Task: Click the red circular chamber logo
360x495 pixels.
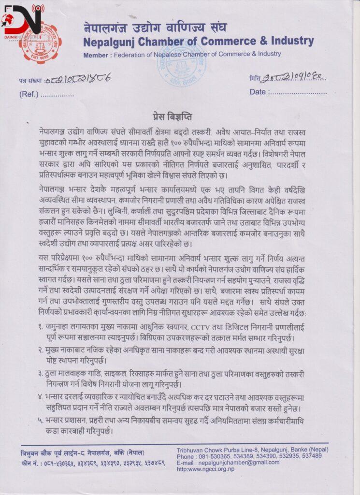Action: click(x=40, y=44)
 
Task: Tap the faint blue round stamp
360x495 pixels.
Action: click(x=181, y=62)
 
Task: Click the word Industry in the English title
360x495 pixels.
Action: click(x=286, y=41)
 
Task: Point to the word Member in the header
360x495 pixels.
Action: click(x=96, y=55)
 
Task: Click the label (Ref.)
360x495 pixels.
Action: click(x=29, y=94)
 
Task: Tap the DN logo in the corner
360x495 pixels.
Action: click(x=22, y=19)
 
